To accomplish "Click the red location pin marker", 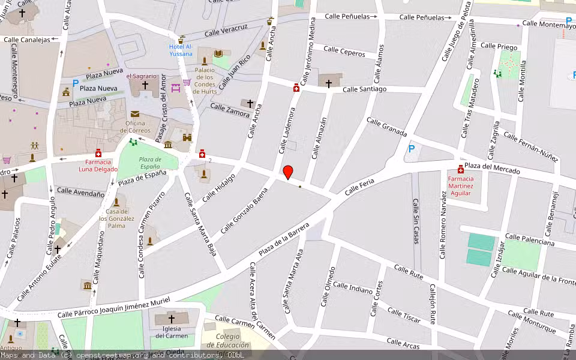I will pyautogui.click(x=288, y=172).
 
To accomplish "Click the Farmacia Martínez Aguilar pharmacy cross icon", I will pyautogui.click(x=461, y=169).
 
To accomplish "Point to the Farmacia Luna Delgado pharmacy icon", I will pyautogui.click(x=98, y=153).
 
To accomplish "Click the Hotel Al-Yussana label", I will pyautogui.click(x=181, y=50).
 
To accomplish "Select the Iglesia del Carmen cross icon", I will pyautogui.click(x=171, y=319).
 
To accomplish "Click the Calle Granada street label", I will pyautogui.click(x=386, y=127).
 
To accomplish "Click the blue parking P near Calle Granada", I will pyautogui.click(x=411, y=149).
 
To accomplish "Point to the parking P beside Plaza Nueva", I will pyautogui.click(x=75, y=84).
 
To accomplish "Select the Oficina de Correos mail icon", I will pyautogui.click(x=134, y=114).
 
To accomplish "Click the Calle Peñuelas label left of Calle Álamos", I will pyautogui.click(x=347, y=17).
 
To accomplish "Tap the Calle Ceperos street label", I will pyautogui.click(x=344, y=52).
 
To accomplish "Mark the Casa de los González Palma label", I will pyautogui.click(x=116, y=218).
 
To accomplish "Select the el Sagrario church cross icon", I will pyautogui.click(x=145, y=85).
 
